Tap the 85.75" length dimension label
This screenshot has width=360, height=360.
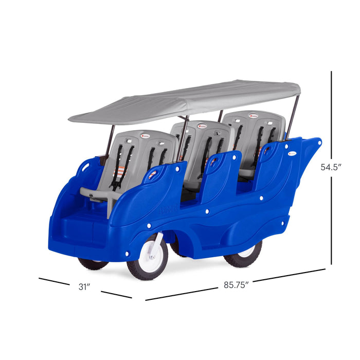pyautogui.click(x=236, y=285)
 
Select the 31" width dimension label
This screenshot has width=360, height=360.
pyautogui.click(x=84, y=287)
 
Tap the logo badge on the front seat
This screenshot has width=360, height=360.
pyautogui.click(x=146, y=136)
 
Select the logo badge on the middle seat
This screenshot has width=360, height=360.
pyautogui.click(x=202, y=126)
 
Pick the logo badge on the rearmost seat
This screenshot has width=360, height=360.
pyautogui.click(x=254, y=116)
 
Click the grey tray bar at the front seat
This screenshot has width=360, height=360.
pyautogui.click(x=101, y=195)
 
